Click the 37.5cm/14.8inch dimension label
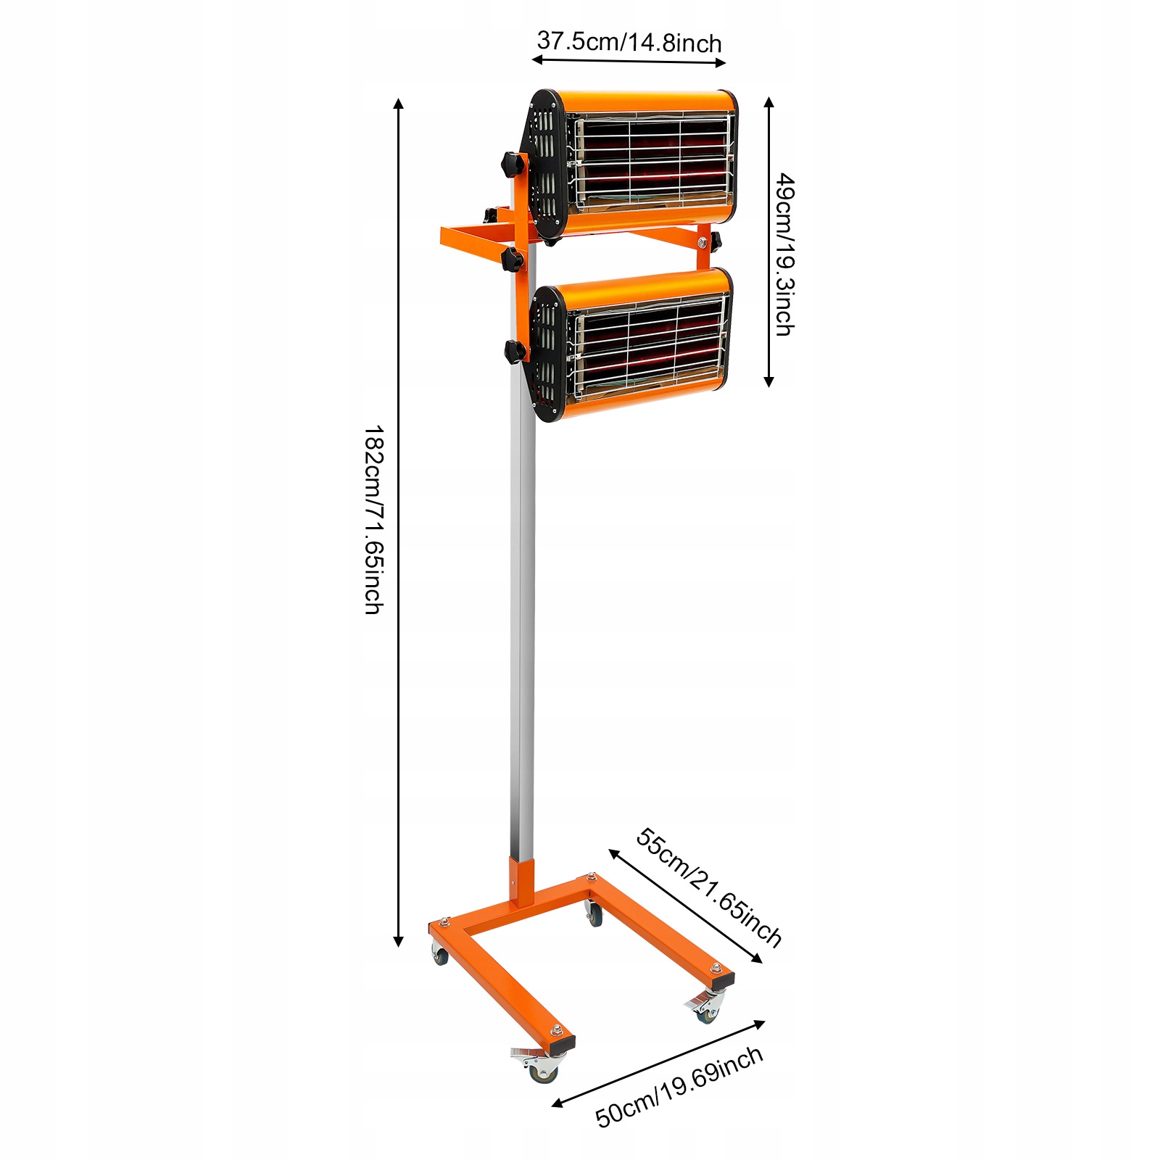(x=629, y=42)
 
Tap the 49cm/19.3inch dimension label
(x=784, y=254)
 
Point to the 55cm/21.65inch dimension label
(x=708, y=887)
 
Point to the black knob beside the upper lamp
(x=511, y=163)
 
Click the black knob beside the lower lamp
(x=515, y=352)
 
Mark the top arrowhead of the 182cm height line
(x=398, y=104)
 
